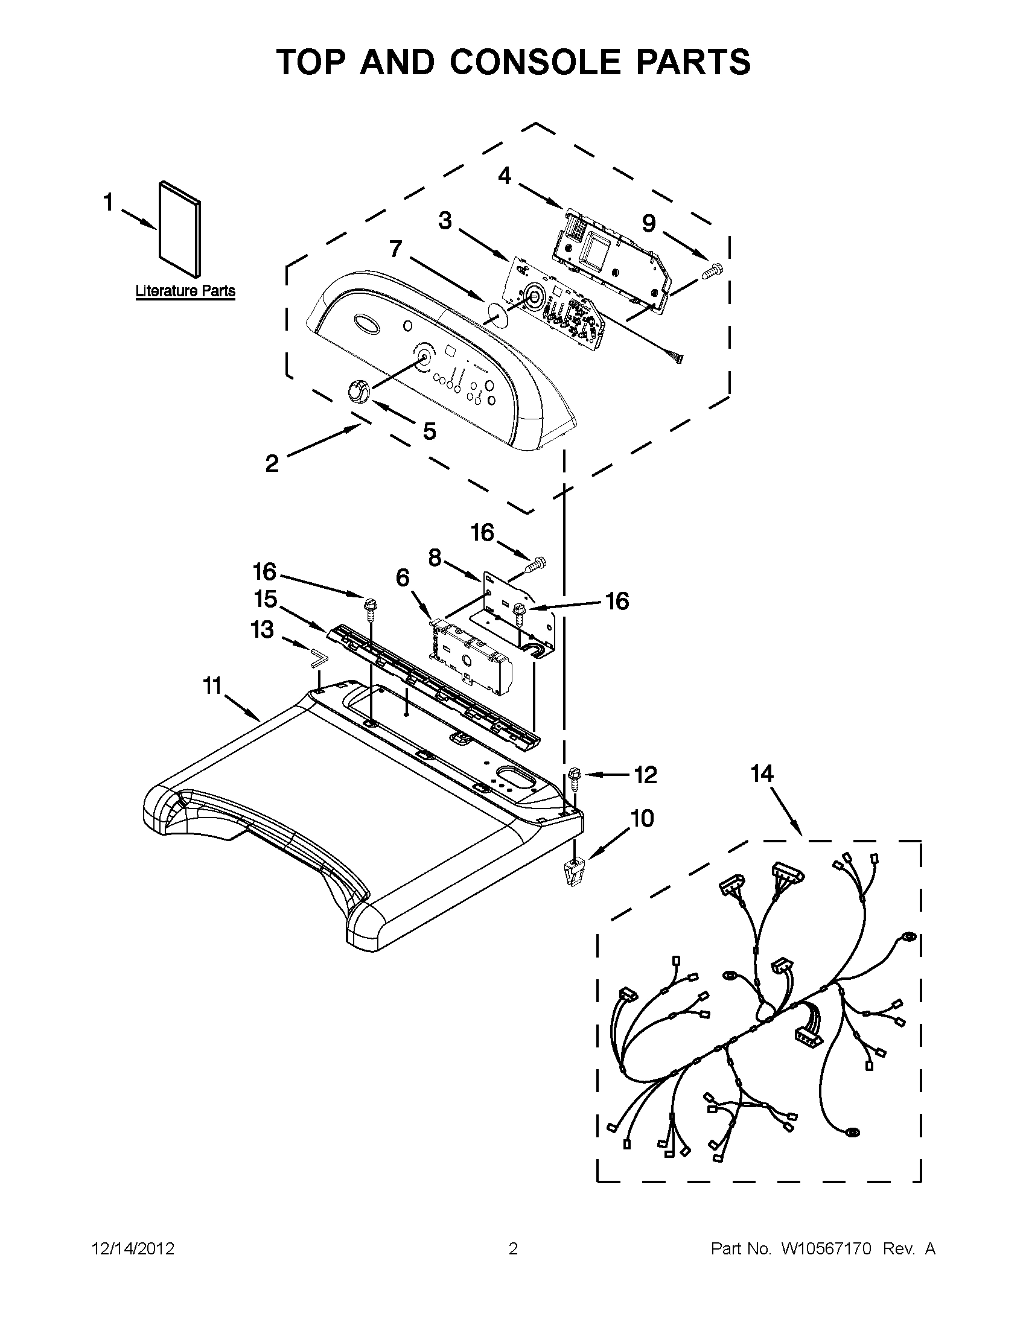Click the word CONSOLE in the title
pyautogui.click(x=535, y=62)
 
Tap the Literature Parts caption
pyautogui.click(x=185, y=291)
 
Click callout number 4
pyautogui.click(x=504, y=176)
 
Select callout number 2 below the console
pyautogui.click(x=272, y=463)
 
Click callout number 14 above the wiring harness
pyautogui.click(x=762, y=774)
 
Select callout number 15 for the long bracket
pyautogui.click(x=266, y=599)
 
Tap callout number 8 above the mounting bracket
pyautogui.click(x=435, y=557)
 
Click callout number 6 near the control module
pyautogui.click(x=403, y=577)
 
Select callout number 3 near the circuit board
pyautogui.click(x=445, y=221)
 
